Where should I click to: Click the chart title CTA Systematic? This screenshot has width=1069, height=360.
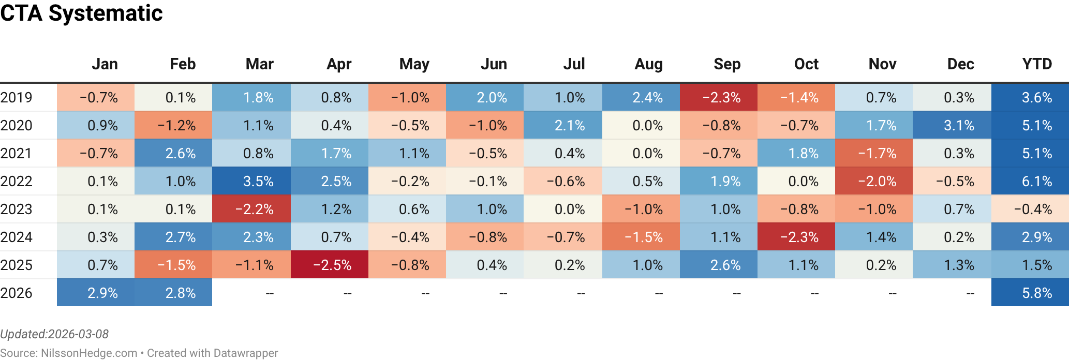tap(81, 13)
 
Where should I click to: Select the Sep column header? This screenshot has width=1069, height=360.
tap(726, 64)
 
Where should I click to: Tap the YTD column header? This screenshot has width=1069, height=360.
tap(1036, 64)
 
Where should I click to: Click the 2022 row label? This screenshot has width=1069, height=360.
tap(17, 182)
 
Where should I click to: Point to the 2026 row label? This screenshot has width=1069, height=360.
tap(17, 293)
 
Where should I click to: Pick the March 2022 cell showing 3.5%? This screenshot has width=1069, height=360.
tap(251, 182)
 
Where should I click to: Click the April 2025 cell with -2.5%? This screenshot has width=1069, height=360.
tap(330, 265)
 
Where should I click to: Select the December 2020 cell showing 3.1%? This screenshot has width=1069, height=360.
tap(952, 126)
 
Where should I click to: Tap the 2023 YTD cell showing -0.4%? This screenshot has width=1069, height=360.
tap(1030, 209)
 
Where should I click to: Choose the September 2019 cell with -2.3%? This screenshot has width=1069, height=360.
tap(719, 98)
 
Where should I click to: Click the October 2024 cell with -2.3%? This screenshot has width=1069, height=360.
tap(796, 237)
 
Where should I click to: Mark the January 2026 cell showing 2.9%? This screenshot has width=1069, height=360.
tap(96, 293)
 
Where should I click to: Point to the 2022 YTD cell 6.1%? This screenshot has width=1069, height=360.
tap(1030, 182)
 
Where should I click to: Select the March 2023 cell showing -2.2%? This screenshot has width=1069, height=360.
tap(251, 209)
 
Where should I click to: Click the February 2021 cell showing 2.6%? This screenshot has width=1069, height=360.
tap(173, 154)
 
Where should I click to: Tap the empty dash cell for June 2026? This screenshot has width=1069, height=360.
tap(503, 293)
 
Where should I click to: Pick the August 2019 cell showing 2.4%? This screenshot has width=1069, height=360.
tap(641, 98)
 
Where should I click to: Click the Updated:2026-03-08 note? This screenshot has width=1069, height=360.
tap(54, 334)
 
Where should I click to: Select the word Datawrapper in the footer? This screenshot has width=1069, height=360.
tap(245, 353)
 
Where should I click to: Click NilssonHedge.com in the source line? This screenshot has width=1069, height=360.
tap(88, 353)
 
